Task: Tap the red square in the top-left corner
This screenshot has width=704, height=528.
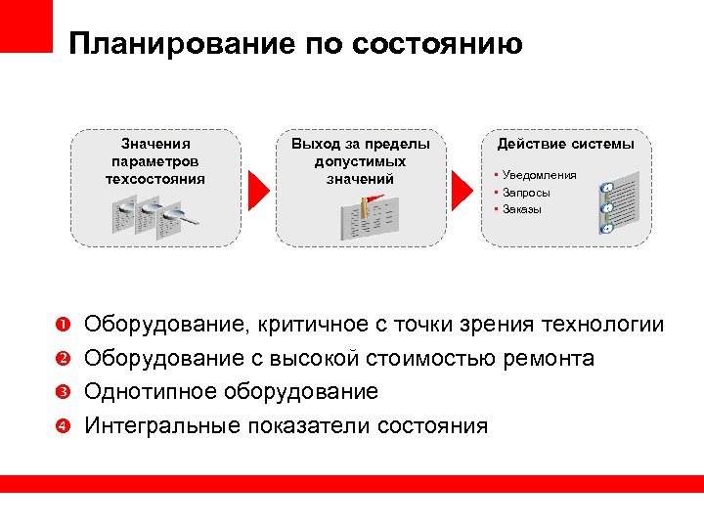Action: tap(25, 25)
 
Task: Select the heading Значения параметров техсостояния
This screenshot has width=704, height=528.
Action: tap(155, 161)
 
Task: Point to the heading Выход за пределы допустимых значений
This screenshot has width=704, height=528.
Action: tap(360, 161)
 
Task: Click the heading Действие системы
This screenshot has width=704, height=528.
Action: tap(565, 144)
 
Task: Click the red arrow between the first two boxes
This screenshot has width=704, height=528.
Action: tap(256, 187)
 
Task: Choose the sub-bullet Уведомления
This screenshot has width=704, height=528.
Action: tap(539, 175)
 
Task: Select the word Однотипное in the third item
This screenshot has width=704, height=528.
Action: tap(150, 392)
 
